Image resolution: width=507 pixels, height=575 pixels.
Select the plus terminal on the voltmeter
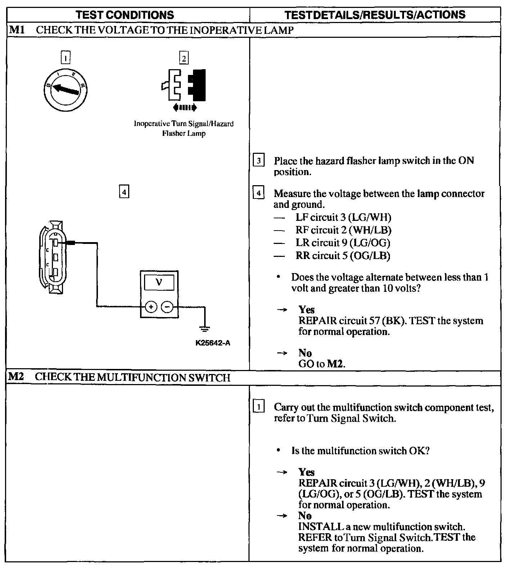click(x=151, y=307)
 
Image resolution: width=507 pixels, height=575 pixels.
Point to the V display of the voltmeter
click(x=159, y=282)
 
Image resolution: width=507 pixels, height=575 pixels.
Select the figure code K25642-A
click(x=213, y=343)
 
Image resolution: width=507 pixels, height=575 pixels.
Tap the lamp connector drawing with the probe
click(x=52, y=257)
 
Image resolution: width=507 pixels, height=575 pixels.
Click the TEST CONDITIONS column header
click(x=125, y=15)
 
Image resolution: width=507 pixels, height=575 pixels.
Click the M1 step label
click(x=16, y=30)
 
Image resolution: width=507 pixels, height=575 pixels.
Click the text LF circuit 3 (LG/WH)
click(x=343, y=217)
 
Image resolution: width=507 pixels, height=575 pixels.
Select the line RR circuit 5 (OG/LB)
click(x=343, y=255)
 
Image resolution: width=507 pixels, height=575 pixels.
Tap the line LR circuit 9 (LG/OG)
click(x=343, y=243)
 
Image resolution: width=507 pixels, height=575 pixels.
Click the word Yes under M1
click(x=306, y=310)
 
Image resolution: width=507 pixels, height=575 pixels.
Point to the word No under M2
click(x=305, y=516)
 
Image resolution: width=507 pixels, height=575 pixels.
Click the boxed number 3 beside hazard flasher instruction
click(x=259, y=161)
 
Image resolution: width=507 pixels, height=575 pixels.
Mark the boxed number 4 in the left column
click(x=124, y=192)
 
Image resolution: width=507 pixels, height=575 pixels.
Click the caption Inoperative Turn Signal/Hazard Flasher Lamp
click(x=184, y=129)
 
